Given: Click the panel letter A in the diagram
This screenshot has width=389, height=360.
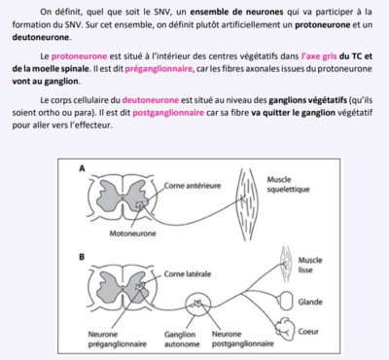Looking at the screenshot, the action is coord(83,167).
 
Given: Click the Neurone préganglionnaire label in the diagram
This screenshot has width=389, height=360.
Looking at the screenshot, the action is coord(118,339).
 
